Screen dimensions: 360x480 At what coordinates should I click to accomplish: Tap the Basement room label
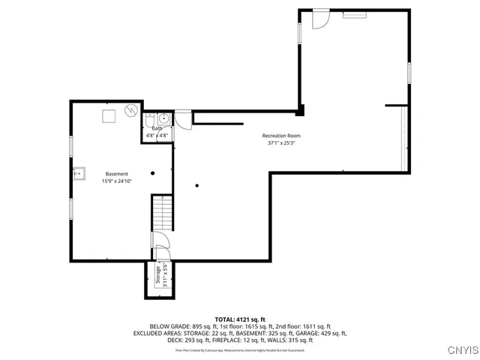coord(116,174)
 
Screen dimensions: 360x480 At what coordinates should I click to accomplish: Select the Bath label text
coord(157,128)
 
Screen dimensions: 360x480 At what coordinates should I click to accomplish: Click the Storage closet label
coord(158,276)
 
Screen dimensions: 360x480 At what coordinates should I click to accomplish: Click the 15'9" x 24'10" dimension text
coord(116,181)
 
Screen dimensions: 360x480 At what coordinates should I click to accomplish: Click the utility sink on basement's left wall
coord(79,173)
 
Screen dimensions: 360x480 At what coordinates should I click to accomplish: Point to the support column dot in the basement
coord(152,173)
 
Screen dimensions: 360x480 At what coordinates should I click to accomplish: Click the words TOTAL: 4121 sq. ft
coord(240,319)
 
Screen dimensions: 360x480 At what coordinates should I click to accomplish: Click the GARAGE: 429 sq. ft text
coord(322,333)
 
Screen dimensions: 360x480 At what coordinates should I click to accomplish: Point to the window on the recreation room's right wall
coord(409,73)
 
